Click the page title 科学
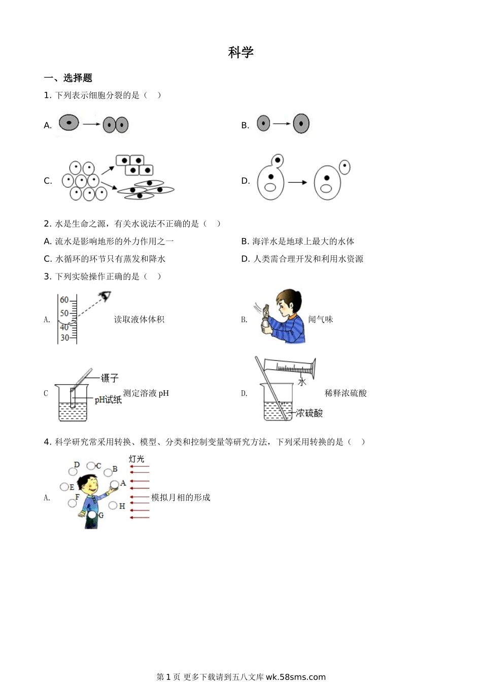[240, 52]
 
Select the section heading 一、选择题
[68, 78]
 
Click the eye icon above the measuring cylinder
[105, 295]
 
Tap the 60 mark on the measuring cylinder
[64, 300]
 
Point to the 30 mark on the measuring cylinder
[64, 337]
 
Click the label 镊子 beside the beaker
[110, 378]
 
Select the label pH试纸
[108, 400]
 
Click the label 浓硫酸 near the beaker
[309, 413]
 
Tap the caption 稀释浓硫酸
[346, 393]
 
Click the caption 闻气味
[321, 319]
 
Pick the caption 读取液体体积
[139, 319]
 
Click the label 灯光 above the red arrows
[136, 459]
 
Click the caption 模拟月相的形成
[181, 497]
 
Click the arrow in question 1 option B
[281, 124]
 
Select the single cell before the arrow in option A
[69, 123]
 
